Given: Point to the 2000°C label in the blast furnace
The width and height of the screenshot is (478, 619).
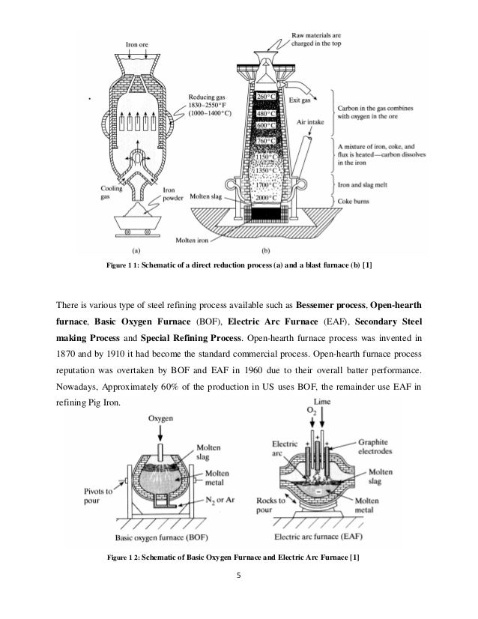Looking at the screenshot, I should (267, 196).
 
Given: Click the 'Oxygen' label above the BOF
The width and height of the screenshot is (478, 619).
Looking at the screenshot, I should (163, 418).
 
